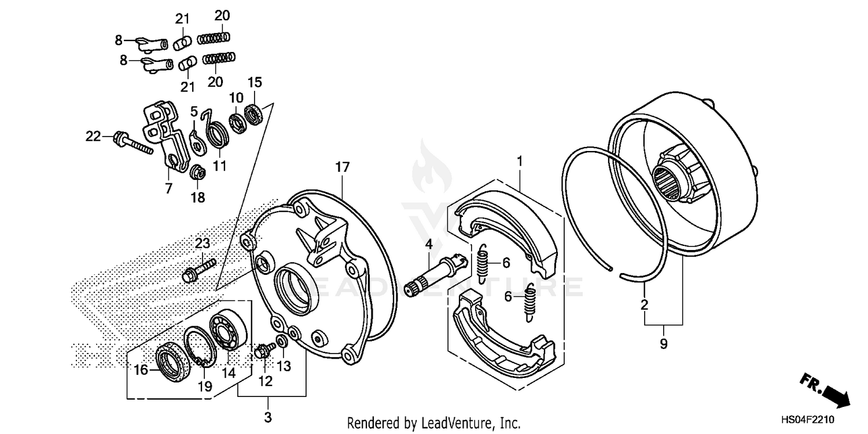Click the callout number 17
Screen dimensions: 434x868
[342, 168]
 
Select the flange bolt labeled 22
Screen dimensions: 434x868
[131, 142]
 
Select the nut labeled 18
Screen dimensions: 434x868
[197, 173]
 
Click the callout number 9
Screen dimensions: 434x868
[663, 344]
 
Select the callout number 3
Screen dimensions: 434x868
[268, 417]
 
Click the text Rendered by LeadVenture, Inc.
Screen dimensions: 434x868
[433, 423]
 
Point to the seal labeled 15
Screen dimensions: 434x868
[253, 113]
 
